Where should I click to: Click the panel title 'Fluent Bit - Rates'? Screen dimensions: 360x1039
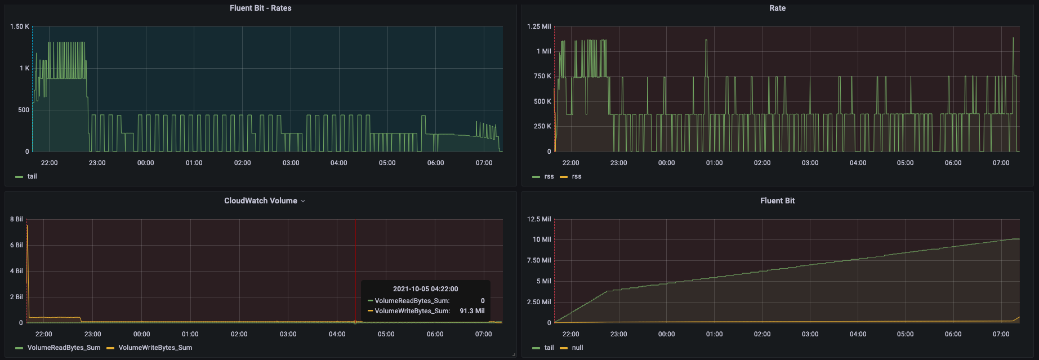pyautogui.click(x=260, y=8)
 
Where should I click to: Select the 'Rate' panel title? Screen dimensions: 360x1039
pyautogui.click(x=777, y=8)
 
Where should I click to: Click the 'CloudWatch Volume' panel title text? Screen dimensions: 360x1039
pyautogui.click(x=260, y=201)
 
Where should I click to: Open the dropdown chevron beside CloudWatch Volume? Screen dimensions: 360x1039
pyautogui.click(x=303, y=201)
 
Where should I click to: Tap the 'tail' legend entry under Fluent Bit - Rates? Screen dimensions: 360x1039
pyautogui.click(x=32, y=176)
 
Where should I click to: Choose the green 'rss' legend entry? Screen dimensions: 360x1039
pyautogui.click(x=549, y=176)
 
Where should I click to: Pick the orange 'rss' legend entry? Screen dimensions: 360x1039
pyautogui.click(x=576, y=176)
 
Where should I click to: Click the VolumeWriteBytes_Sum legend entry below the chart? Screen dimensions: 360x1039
pyautogui.click(x=155, y=348)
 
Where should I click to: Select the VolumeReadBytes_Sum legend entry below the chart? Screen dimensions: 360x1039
pyautogui.click(x=64, y=348)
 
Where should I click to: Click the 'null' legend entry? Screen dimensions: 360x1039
pyautogui.click(x=577, y=348)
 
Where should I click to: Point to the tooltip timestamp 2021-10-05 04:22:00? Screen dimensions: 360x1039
pyautogui.click(x=425, y=288)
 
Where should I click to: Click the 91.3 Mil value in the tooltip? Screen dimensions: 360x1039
pyautogui.click(x=472, y=310)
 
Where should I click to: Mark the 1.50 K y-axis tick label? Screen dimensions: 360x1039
pyautogui.click(x=20, y=26)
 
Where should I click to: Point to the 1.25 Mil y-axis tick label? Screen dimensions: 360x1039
pyautogui.click(x=539, y=26)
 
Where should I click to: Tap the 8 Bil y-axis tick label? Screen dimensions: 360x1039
pyautogui.click(x=16, y=219)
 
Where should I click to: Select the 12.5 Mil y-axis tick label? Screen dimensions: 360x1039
pyautogui.click(x=539, y=219)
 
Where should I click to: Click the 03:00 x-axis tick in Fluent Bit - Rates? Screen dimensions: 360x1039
pyautogui.click(x=291, y=163)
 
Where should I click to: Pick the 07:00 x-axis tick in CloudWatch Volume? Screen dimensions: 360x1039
pyautogui.click(x=484, y=334)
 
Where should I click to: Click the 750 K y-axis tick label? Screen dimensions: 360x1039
pyautogui.click(x=542, y=76)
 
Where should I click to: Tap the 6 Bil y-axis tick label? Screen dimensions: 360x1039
pyautogui.click(x=16, y=245)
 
